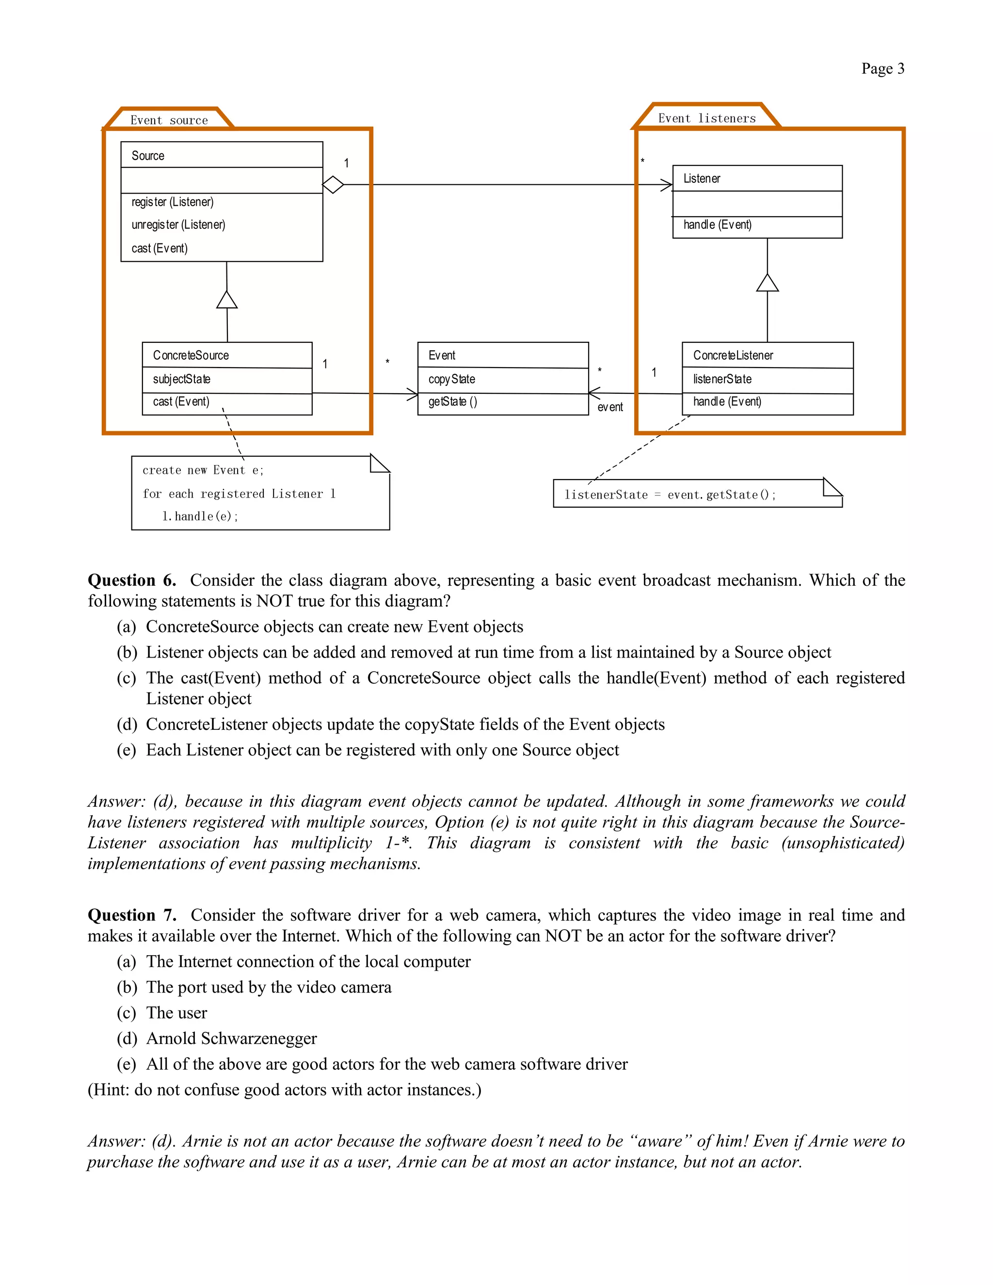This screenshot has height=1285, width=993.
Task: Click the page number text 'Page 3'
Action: tap(882, 69)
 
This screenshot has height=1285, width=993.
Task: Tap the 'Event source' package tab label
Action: tap(169, 121)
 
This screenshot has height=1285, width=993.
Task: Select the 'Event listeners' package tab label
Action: tap(706, 118)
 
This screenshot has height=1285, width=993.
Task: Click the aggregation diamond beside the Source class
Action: tap(333, 185)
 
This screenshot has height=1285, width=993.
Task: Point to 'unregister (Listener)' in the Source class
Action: tap(178, 225)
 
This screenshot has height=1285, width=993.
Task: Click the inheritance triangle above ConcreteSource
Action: tap(226, 300)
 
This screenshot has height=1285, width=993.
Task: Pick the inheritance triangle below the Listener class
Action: tap(767, 283)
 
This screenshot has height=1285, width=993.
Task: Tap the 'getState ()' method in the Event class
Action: tap(452, 402)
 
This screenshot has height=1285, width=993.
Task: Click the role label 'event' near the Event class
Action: tap(609, 407)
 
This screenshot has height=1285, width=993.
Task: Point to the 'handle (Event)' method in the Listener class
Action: tap(717, 225)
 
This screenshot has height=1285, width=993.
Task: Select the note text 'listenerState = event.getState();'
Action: tap(670, 495)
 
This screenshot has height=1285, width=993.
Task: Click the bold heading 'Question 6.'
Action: tap(132, 580)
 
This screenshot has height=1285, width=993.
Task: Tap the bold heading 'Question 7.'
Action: tap(132, 915)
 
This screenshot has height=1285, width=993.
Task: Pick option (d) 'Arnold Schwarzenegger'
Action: tap(231, 1039)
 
